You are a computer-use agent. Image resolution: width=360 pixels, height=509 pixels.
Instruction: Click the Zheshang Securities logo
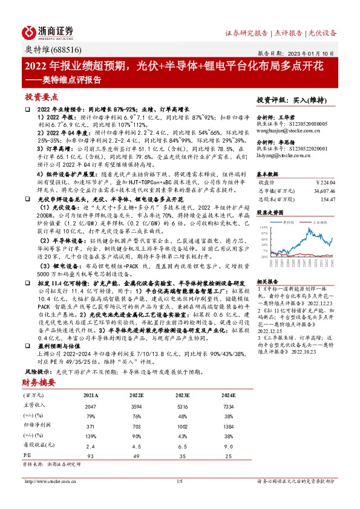click(48, 31)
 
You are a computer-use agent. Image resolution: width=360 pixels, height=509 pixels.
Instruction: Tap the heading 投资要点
click(42, 97)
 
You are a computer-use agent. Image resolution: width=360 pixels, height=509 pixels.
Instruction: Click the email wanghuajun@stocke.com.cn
click(284, 129)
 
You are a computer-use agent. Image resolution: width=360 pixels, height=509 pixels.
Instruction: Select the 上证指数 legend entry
click(320, 222)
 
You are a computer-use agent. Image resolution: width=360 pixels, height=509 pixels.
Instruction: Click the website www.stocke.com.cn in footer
click(45, 481)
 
